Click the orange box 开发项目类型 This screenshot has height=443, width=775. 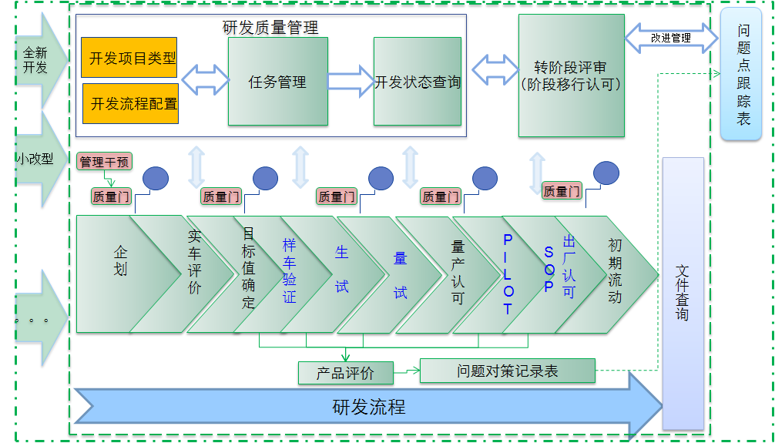(129, 58)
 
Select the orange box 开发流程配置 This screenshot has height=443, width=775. (130, 103)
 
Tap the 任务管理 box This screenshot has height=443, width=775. (277, 81)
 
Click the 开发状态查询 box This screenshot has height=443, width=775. (418, 81)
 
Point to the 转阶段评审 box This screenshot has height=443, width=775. (571, 76)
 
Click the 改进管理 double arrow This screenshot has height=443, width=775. (670, 37)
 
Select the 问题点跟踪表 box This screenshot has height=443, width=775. (743, 74)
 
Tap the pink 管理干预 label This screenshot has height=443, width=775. (105, 162)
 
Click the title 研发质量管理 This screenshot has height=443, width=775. (270, 28)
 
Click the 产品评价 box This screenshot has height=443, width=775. (346, 373)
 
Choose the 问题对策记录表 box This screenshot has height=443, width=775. (507, 371)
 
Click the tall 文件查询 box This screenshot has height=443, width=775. (683, 293)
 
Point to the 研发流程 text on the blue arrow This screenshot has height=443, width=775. (369, 407)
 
